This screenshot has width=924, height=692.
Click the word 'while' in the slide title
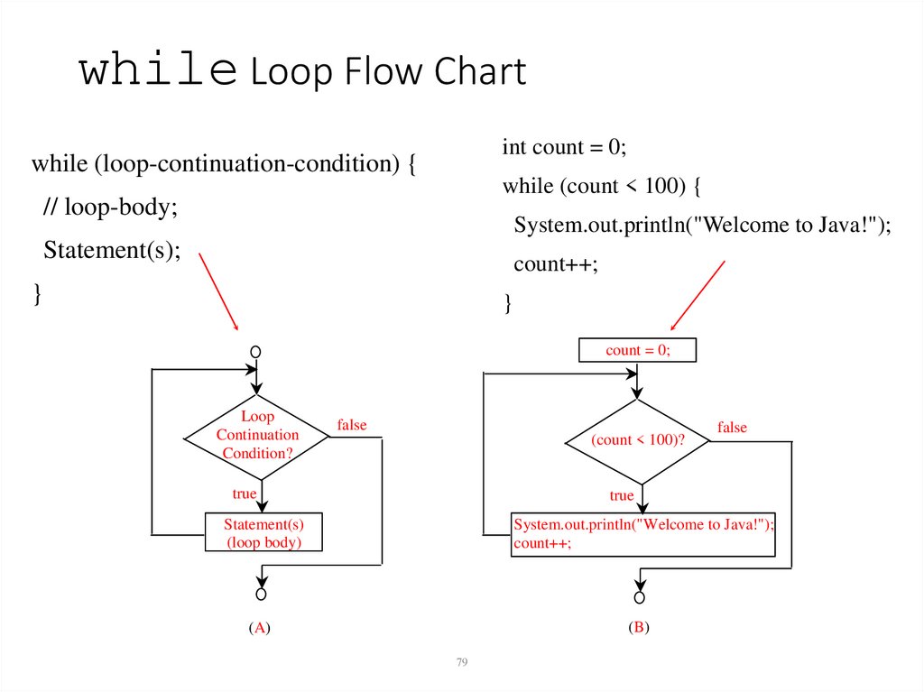(159, 71)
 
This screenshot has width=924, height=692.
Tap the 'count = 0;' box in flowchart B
(637, 350)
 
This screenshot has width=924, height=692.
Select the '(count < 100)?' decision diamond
(637, 440)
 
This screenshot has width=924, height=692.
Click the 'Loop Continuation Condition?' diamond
(257, 435)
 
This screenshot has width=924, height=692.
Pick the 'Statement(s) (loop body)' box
(263, 533)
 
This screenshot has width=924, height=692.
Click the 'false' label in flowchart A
(352, 425)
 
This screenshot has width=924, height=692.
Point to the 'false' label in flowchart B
(732, 428)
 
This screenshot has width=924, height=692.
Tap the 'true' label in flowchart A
(244, 494)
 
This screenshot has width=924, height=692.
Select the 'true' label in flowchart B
(621, 495)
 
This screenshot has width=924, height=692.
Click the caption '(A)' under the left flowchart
(259, 629)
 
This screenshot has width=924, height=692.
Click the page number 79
(462, 662)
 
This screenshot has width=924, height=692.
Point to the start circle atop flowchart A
(256, 351)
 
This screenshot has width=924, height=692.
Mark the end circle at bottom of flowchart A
(261, 594)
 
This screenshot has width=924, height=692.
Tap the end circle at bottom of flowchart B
(640, 597)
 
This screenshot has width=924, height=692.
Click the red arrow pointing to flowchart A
(217, 291)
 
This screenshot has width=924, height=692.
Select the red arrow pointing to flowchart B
(698, 296)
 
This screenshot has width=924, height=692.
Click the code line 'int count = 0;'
(564, 147)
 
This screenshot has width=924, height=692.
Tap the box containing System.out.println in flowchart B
(642, 533)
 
